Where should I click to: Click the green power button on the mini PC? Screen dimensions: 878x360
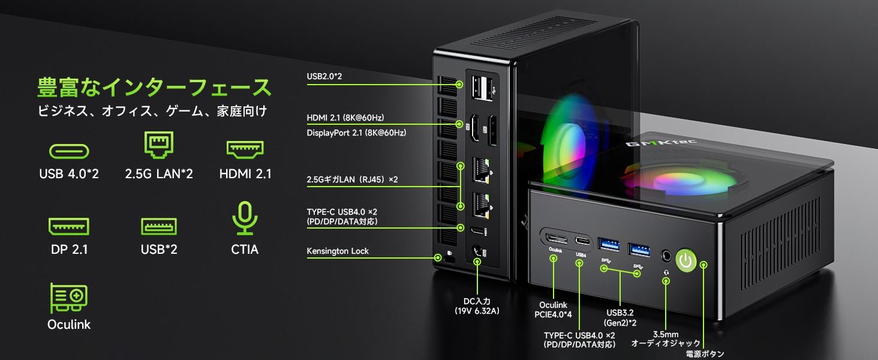(686, 260)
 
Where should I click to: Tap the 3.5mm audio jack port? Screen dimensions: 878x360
(666, 256)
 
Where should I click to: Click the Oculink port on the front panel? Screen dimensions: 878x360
(557, 238)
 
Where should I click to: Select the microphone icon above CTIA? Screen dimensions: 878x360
(245, 218)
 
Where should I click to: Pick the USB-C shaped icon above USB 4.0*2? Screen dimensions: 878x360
(69, 151)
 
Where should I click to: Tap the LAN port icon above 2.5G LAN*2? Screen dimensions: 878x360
(159, 145)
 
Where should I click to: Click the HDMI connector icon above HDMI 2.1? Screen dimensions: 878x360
(245, 149)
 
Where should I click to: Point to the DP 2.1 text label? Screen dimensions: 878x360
(70, 250)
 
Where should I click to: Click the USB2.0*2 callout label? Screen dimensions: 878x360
(324, 76)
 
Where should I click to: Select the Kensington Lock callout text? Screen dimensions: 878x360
(338, 251)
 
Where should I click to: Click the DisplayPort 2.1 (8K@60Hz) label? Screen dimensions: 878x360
(356, 133)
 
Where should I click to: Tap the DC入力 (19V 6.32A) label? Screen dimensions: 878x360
(477, 306)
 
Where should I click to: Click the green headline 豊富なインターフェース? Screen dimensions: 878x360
(154, 87)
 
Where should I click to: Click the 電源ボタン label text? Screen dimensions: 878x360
(705, 354)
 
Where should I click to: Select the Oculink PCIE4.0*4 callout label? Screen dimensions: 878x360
(553, 310)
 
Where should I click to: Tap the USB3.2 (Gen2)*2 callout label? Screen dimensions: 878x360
(620, 317)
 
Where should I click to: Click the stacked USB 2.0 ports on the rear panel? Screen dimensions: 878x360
(482, 88)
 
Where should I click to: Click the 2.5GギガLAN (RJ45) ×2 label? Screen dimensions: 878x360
(352, 179)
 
